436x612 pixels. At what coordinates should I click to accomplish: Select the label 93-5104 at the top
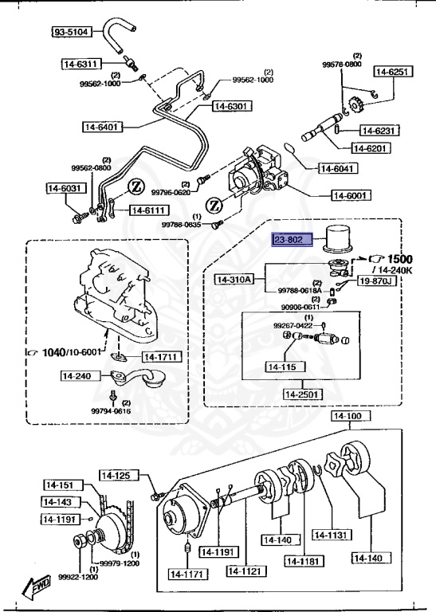(x=72, y=33)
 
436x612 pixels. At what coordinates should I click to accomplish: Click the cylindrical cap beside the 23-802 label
(x=340, y=237)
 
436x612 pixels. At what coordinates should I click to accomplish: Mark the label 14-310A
(x=234, y=280)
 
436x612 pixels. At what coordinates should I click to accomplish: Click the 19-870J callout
(x=375, y=280)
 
